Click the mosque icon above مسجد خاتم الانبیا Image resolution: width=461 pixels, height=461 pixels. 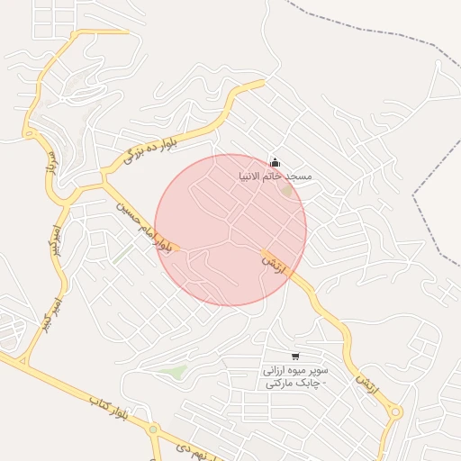click(275, 162)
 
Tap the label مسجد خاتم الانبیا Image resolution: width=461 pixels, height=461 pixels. click(275, 176)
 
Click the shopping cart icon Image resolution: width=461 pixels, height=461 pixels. click(295, 357)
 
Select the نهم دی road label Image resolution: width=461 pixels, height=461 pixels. click(190, 447)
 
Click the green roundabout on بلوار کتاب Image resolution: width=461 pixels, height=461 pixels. click(153, 429)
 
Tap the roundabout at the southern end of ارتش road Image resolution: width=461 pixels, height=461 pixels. click(395, 412)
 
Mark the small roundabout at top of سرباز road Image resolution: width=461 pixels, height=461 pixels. click(30, 133)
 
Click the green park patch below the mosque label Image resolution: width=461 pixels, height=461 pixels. click(286, 190)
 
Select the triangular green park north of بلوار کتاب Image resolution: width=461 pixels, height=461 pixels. click(173, 371)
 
